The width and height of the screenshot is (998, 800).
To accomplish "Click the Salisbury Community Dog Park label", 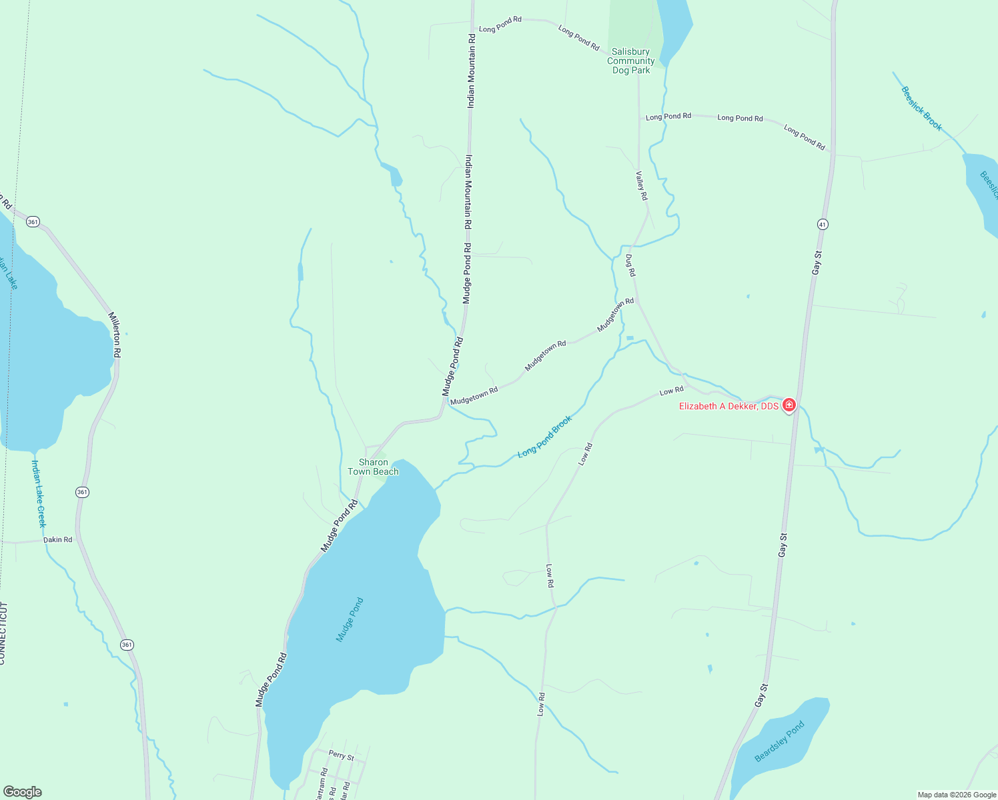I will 630,61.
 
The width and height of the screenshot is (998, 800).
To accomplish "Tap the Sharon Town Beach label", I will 373,467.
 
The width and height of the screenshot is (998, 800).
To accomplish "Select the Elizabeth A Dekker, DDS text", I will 728,406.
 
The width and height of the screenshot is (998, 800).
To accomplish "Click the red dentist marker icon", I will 789,405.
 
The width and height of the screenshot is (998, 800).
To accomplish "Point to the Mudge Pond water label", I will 350,620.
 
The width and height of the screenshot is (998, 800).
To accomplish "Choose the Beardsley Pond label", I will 779,741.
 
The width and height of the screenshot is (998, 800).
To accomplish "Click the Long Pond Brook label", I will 545,437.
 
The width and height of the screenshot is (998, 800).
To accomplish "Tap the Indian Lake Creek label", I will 39,493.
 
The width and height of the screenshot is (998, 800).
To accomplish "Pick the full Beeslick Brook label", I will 922,109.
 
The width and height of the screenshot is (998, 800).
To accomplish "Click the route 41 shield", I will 823,225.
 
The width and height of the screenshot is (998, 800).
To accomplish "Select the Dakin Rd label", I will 58,539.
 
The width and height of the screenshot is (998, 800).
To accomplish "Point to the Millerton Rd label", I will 115,335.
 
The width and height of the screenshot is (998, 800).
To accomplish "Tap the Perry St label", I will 342,755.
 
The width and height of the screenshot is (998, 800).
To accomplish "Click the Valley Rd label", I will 641,185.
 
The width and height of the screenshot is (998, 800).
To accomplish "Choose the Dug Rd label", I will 630,265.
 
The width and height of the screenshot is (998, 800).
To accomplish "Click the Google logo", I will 23,792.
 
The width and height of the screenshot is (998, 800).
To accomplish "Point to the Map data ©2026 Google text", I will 957,795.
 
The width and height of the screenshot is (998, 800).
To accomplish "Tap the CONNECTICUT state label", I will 3,633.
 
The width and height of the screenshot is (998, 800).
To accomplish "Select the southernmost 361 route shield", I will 127,645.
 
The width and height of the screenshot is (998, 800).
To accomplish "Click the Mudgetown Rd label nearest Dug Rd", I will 616,315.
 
